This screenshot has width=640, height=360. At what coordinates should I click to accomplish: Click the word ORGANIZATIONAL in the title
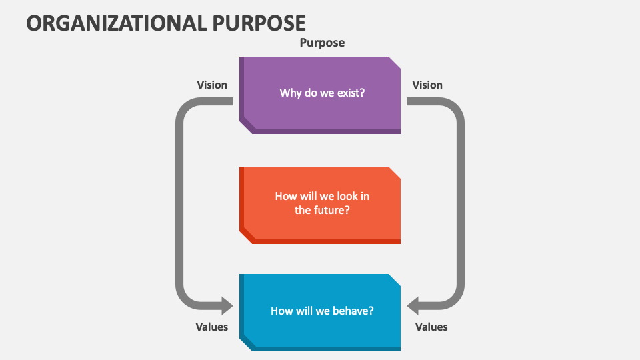(x=117, y=22)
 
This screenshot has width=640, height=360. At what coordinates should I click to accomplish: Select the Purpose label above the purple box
(x=322, y=43)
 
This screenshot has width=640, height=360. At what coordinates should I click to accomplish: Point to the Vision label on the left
(x=212, y=85)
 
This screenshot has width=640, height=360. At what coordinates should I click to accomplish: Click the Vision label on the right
(x=427, y=85)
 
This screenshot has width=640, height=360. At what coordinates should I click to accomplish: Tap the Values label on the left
(x=212, y=327)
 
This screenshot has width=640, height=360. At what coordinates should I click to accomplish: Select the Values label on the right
(x=431, y=327)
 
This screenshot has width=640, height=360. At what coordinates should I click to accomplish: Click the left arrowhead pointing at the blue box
(x=225, y=306)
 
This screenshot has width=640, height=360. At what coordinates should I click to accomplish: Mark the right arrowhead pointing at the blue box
(x=415, y=306)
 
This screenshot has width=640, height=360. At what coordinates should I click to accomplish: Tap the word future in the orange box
(x=330, y=210)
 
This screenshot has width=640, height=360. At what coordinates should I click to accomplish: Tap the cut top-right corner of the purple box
(x=395, y=62)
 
